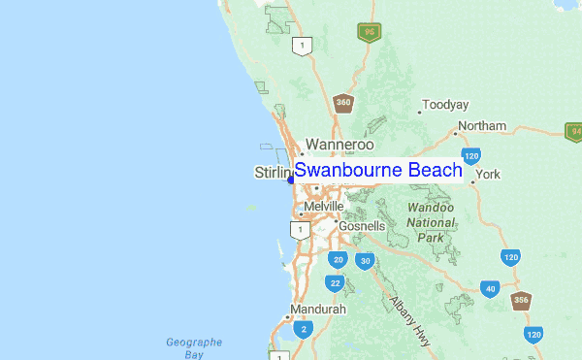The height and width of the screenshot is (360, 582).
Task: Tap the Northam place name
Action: click(482, 126)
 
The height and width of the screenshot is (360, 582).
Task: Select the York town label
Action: click(488, 175)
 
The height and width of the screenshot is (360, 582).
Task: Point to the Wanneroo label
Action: click(339, 145)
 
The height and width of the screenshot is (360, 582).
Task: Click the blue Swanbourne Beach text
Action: click(378, 171)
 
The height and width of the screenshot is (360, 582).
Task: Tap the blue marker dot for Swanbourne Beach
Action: click(290, 179)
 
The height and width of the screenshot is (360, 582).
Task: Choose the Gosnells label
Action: click(362, 226)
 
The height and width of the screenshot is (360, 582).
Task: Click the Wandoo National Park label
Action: click(430, 222)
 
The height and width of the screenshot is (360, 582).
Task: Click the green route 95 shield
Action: click(369, 32)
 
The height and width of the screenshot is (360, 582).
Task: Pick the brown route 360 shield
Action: click(343, 103)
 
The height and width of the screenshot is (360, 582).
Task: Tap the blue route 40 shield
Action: click(491, 289)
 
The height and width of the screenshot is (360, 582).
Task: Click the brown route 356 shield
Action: click(522, 300)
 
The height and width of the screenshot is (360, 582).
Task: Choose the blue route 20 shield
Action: click(338, 260)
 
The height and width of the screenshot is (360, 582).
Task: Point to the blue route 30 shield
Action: click(365, 261)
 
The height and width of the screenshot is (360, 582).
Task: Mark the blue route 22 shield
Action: click(335, 283)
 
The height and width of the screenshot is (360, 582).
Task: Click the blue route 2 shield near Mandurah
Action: click(304, 330)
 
